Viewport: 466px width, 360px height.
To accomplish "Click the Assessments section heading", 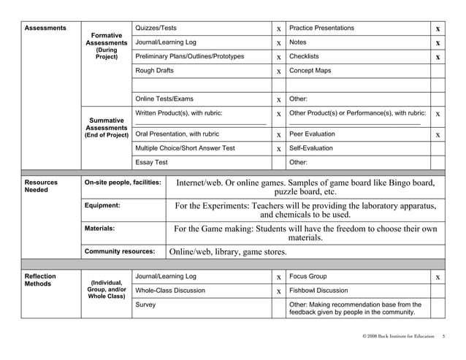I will click(45, 28).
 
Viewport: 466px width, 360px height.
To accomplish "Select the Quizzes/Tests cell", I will click(156, 28).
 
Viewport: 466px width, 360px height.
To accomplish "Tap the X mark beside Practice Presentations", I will click(437, 28).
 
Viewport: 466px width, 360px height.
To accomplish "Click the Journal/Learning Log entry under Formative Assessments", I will click(166, 42).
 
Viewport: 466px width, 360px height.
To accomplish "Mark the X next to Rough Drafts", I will click(278, 72).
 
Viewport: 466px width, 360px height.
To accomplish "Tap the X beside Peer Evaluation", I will click(437, 134).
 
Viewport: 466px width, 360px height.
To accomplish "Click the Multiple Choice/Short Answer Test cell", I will click(186, 148).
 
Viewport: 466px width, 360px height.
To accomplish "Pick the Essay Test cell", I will click(152, 162).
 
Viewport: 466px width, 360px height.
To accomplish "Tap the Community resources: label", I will click(120, 251).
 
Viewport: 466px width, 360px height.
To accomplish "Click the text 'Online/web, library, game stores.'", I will click(228, 252).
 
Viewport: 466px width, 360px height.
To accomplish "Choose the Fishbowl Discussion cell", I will click(318, 290).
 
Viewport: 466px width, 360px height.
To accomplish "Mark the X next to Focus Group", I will click(437, 277).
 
